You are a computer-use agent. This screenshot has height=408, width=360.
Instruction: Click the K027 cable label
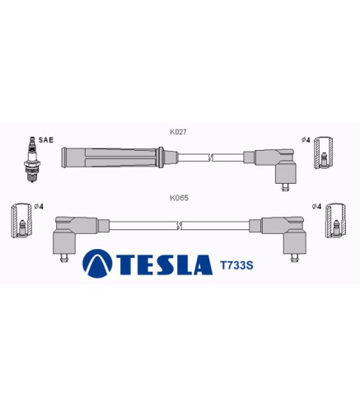tap(178, 132)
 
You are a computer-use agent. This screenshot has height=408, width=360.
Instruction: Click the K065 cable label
tap(179, 198)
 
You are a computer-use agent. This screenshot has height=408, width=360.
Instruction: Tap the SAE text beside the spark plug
tap(46, 140)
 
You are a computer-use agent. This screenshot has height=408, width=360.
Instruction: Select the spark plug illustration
tap(32, 159)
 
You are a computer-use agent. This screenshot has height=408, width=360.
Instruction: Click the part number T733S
tap(236, 265)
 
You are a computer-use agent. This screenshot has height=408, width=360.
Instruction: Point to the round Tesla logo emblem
tap(97, 264)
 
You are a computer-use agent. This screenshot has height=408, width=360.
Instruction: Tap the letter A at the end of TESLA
tap(203, 265)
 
